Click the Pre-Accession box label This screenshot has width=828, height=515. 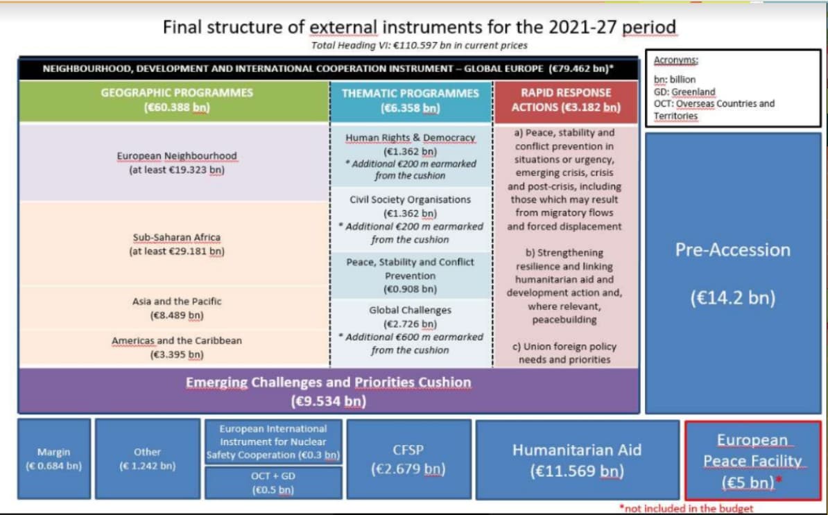732,250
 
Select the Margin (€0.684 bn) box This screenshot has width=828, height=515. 54,459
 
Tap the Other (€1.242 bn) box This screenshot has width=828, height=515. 147,459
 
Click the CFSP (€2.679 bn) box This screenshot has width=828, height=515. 408,459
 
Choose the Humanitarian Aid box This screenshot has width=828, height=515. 577,460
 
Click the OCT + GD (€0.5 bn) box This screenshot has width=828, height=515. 273,483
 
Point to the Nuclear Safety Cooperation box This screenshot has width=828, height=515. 273,442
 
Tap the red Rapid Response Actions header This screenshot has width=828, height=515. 566,101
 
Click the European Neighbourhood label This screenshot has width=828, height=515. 177,156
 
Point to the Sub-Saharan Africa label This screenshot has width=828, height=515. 177,238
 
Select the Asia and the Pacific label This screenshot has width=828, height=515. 177,302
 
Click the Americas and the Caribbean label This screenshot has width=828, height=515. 177,341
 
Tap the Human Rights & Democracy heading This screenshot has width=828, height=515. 411,138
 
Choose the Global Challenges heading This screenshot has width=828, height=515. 411,311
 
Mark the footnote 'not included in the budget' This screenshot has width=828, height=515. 687,509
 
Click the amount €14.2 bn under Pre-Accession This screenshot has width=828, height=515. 733,298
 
